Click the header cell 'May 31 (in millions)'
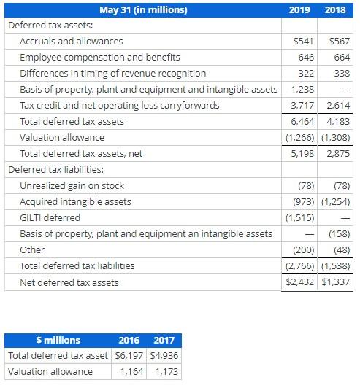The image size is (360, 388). click(x=143, y=9)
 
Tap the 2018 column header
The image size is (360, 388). click(x=337, y=9)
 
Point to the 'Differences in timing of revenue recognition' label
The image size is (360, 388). click(x=112, y=74)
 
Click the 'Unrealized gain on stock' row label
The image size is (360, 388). click(x=72, y=186)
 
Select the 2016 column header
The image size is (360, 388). click(x=129, y=340)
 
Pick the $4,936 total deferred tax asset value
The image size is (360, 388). click(x=163, y=356)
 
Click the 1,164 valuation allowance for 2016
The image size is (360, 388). click(x=131, y=372)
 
